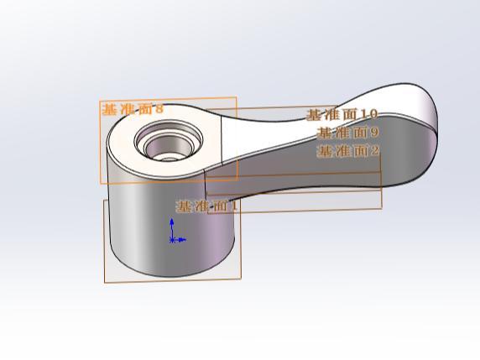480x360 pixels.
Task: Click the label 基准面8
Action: coord(133,109)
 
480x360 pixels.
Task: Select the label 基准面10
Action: coord(342,114)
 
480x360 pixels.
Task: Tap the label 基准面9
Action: coord(347,132)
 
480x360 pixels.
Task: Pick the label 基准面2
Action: coord(347,151)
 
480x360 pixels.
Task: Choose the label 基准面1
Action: coord(207,206)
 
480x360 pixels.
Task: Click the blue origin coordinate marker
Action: coord(173,239)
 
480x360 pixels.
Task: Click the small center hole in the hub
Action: coord(169,154)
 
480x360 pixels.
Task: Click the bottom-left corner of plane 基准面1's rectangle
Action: coord(105,282)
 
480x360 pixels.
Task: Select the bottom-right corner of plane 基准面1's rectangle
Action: coord(242,278)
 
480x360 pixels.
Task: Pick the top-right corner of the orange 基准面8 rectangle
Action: coord(237,97)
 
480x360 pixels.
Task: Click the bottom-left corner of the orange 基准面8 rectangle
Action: coord(101,182)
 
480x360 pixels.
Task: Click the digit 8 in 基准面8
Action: coord(159,109)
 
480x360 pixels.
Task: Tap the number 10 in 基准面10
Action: coord(368,114)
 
